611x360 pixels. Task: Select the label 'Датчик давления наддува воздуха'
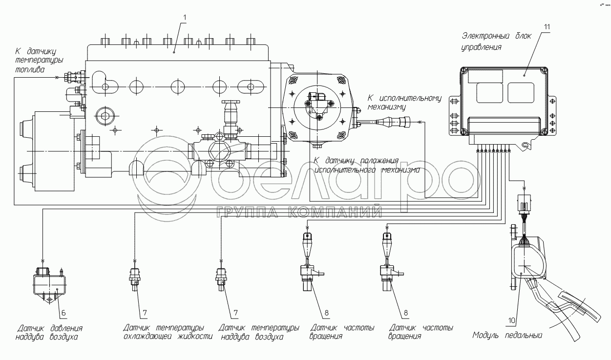point(49,332)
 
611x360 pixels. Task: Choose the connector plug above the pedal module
point(525,203)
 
